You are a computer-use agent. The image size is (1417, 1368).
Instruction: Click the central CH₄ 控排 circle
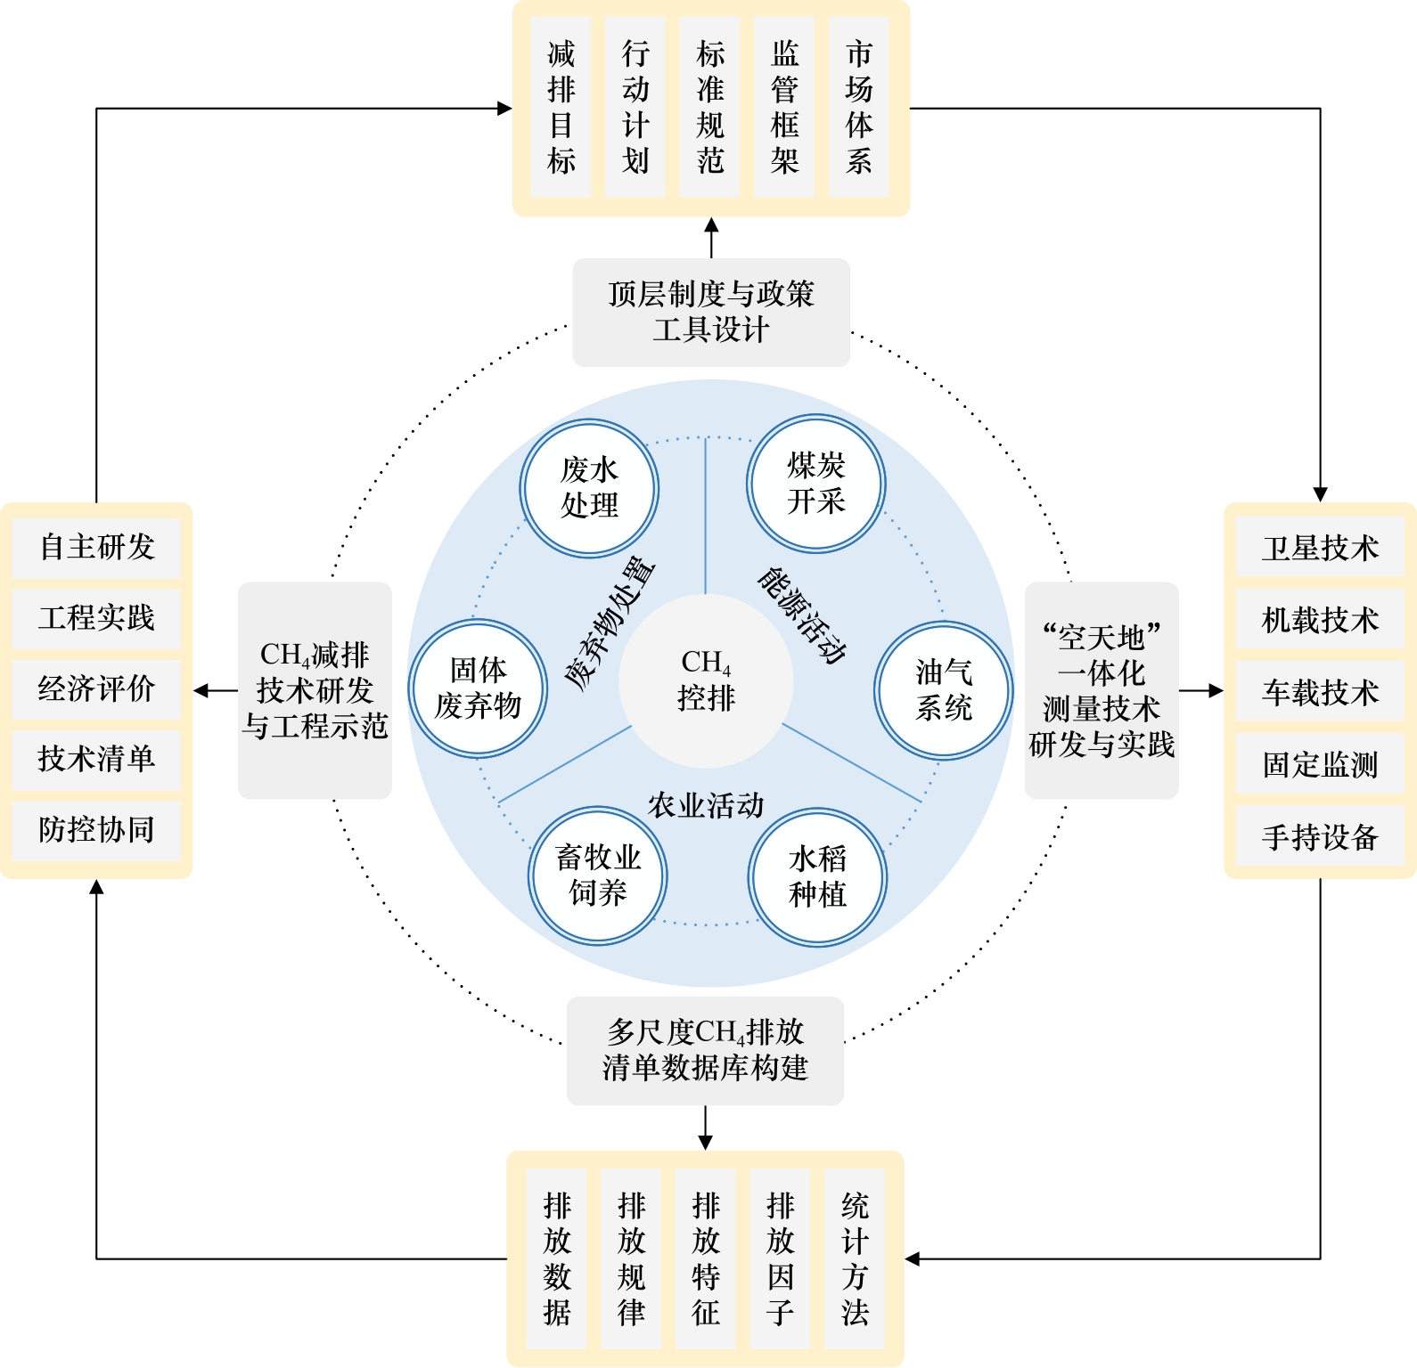[706, 680]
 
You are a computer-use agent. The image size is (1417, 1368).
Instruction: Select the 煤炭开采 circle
[815, 484]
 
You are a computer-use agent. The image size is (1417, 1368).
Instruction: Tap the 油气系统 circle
[943, 690]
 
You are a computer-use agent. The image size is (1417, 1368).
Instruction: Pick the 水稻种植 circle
[817, 877]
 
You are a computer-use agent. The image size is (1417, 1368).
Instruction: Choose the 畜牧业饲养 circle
[598, 875]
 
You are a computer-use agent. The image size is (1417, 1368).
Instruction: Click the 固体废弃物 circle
[478, 688]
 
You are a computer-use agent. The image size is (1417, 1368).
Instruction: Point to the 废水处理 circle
[589, 488]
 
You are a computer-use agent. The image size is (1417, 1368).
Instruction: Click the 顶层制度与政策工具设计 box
[710, 312]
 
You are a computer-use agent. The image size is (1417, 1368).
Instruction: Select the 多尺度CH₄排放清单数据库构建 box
[705, 1050]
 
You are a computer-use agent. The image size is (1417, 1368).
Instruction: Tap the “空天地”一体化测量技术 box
[1102, 690]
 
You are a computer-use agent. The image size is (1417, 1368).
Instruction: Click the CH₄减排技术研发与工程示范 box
[315, 690]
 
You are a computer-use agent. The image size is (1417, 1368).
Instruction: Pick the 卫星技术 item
[1320, 548]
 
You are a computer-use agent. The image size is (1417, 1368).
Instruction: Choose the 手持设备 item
[1320, 836]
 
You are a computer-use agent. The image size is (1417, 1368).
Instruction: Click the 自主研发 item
[96, 546]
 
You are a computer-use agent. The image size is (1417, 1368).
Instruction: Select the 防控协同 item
[96, 829]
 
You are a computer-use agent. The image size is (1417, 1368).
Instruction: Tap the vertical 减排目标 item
[561, 107]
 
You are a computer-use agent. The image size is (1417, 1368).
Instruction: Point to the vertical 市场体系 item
[858, 107]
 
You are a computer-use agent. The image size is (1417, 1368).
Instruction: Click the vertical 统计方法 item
[854, 1258]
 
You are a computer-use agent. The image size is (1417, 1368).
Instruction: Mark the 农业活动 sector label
[706, 805]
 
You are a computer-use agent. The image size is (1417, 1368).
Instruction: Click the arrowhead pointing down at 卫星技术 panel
[1320, 494]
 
